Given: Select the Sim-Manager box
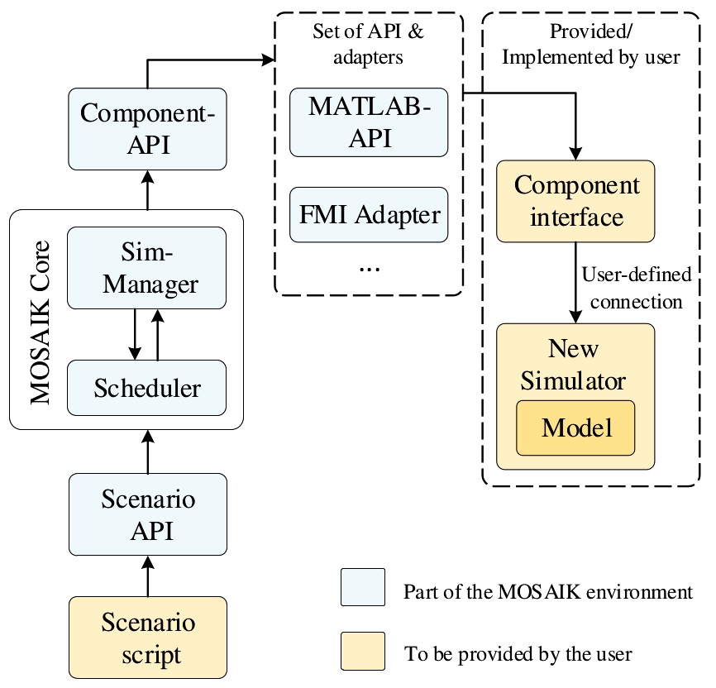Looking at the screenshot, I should tap(148, 268).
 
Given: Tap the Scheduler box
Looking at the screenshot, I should tap(148, 387).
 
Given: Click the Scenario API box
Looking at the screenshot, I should tap(148, 514).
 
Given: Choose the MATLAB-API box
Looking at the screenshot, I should tap(368, 122).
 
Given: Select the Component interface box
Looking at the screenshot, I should tap(575, 201).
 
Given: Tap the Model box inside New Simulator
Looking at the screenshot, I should tap(575, 428).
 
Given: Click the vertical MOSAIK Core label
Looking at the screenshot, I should tap(40, 322).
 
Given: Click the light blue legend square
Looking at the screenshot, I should tap(362, 590).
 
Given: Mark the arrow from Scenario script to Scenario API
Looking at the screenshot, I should tap(148, 576).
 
